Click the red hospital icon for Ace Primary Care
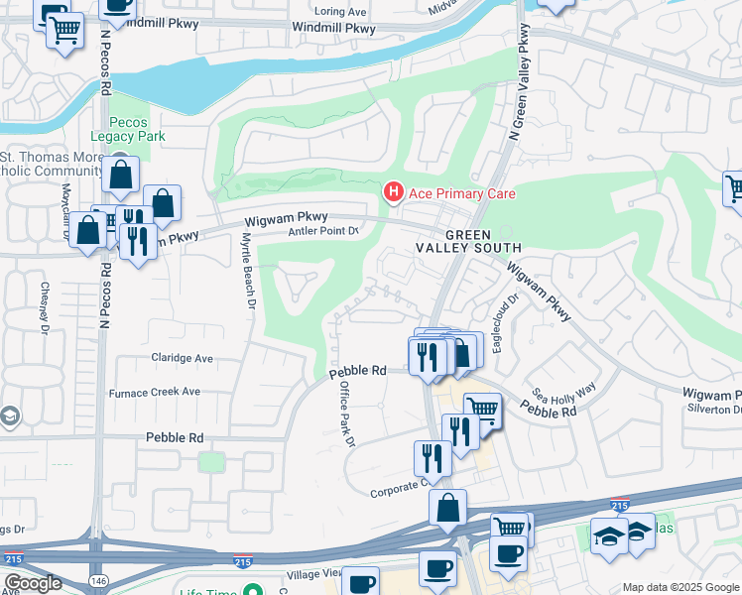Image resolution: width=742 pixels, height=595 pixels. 393,190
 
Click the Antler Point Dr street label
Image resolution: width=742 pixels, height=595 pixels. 322,232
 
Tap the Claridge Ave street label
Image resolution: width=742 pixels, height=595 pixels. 182,358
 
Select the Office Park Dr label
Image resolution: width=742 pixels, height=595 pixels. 346,415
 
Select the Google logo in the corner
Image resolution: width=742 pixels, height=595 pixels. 33,583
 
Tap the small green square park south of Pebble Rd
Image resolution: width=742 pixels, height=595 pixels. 210,463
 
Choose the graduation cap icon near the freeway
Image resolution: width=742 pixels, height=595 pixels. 607,535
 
